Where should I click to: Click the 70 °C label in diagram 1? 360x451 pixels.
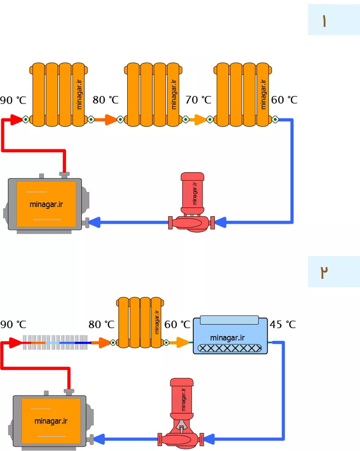point(198,100)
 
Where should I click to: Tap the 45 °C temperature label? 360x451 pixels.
point(283,325)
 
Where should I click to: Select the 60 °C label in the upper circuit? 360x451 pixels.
point(284,100)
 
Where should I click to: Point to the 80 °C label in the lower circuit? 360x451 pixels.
point(101,325)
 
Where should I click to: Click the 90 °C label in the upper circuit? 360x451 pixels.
point(13,100)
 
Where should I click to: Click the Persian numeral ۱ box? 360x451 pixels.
point(334,19)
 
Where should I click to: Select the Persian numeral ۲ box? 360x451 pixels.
point(334,271)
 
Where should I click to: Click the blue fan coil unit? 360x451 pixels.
point(231,335)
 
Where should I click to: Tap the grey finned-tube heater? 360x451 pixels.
point(55,342)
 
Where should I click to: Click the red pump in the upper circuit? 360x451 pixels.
point(191,203)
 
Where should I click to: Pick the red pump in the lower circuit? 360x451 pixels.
point(181,413)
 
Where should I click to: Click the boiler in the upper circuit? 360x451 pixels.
point(46,203)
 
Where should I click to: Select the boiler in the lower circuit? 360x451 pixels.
point(51,420)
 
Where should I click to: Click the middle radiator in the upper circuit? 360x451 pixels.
point(153,95)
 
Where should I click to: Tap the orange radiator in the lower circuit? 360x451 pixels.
point(140,322)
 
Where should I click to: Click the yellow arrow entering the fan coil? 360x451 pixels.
point(180,342)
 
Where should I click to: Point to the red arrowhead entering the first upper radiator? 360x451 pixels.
point(16,119)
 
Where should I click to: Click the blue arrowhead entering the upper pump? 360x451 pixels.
point(220,222)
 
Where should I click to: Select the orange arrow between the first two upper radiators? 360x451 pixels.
point(106,119)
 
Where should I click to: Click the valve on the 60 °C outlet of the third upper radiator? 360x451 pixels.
point(275,119)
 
